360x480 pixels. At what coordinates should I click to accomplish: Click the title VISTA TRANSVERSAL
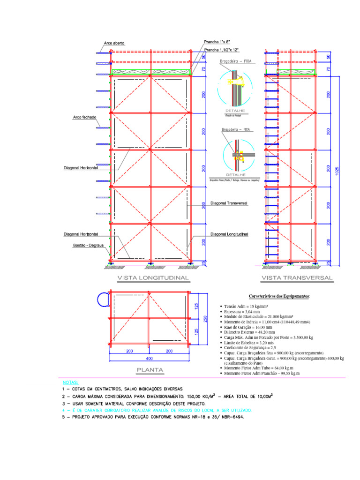point(297,278)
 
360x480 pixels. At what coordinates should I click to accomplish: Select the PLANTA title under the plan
point(150,370)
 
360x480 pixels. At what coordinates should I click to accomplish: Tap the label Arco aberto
point(114,43)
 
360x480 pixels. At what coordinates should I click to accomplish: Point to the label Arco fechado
point(84,117)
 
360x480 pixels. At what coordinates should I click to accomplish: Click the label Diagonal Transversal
point(229,203)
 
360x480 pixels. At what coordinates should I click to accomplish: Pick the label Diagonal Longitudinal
point(229,234)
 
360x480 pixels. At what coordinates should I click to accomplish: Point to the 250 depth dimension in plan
point(204,318)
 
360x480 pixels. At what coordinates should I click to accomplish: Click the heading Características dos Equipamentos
point(279,296)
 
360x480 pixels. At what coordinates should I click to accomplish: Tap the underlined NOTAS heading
point(70,382)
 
